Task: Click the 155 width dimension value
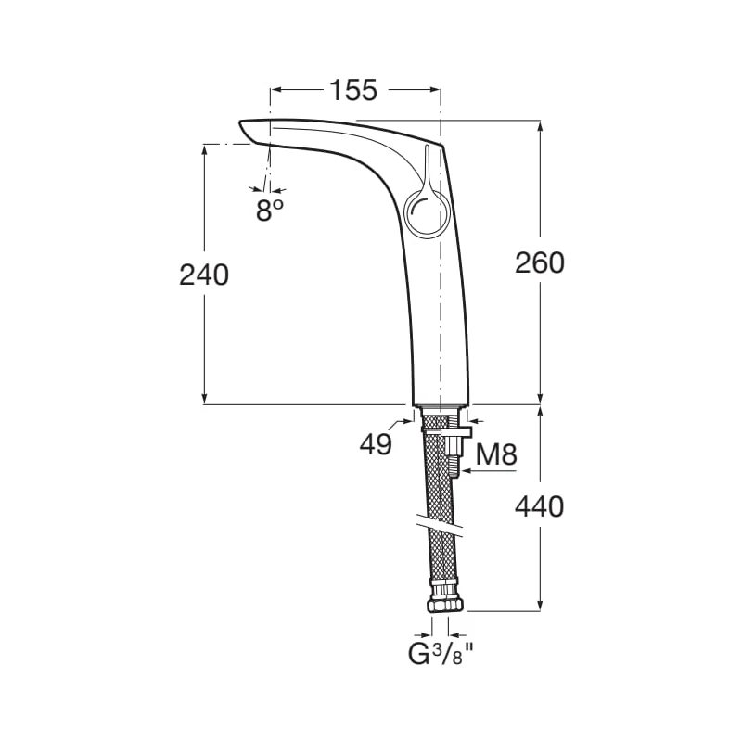click(x=353, y=90)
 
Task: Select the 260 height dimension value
click(x=540, y=262)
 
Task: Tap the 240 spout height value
click(x=204, y=275)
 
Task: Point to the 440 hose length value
click(x=540, y=506)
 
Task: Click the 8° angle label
click(x=270, y=211)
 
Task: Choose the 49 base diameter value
click(x=376, y=444)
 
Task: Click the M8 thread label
click(x=496, y=454)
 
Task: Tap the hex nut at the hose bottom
click(x=446, y=606)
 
